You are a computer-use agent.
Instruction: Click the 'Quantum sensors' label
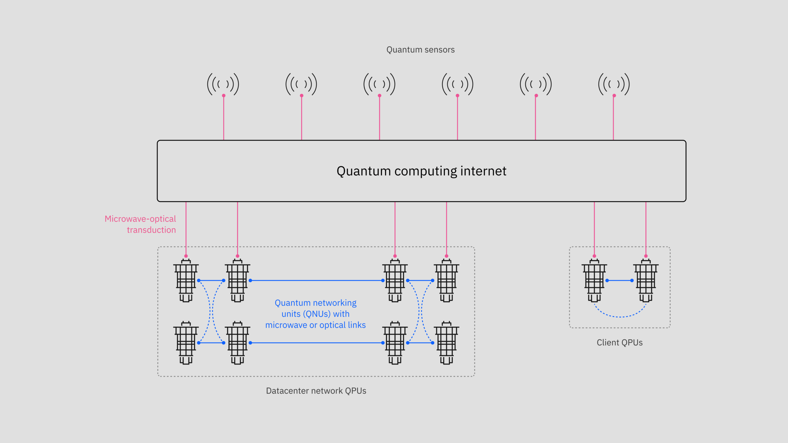[x=420, y=50]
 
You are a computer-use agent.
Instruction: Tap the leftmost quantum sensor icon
[x=223, y=84]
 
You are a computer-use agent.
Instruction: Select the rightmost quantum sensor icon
[x=614, y=84]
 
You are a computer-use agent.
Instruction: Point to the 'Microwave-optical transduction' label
[x=141, y=224]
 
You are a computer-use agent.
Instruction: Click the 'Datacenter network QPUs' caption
[x=316, y=391]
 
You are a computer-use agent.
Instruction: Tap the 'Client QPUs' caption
[x=620, y=342]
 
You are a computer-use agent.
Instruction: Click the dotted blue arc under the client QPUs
[x=620, y=317]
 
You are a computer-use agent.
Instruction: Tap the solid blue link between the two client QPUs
[x=619, y=281]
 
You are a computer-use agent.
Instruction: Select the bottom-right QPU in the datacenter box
[x=446, y=343]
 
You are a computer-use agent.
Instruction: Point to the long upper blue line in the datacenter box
[x=316, y=281]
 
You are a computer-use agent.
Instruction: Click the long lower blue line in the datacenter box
[x=316, y=343]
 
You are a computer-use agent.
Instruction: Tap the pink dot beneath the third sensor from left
[x=380, y=96]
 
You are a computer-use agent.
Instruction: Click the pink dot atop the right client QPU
[x=646, y=256]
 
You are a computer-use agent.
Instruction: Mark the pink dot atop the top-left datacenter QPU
[x=186, y=256]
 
